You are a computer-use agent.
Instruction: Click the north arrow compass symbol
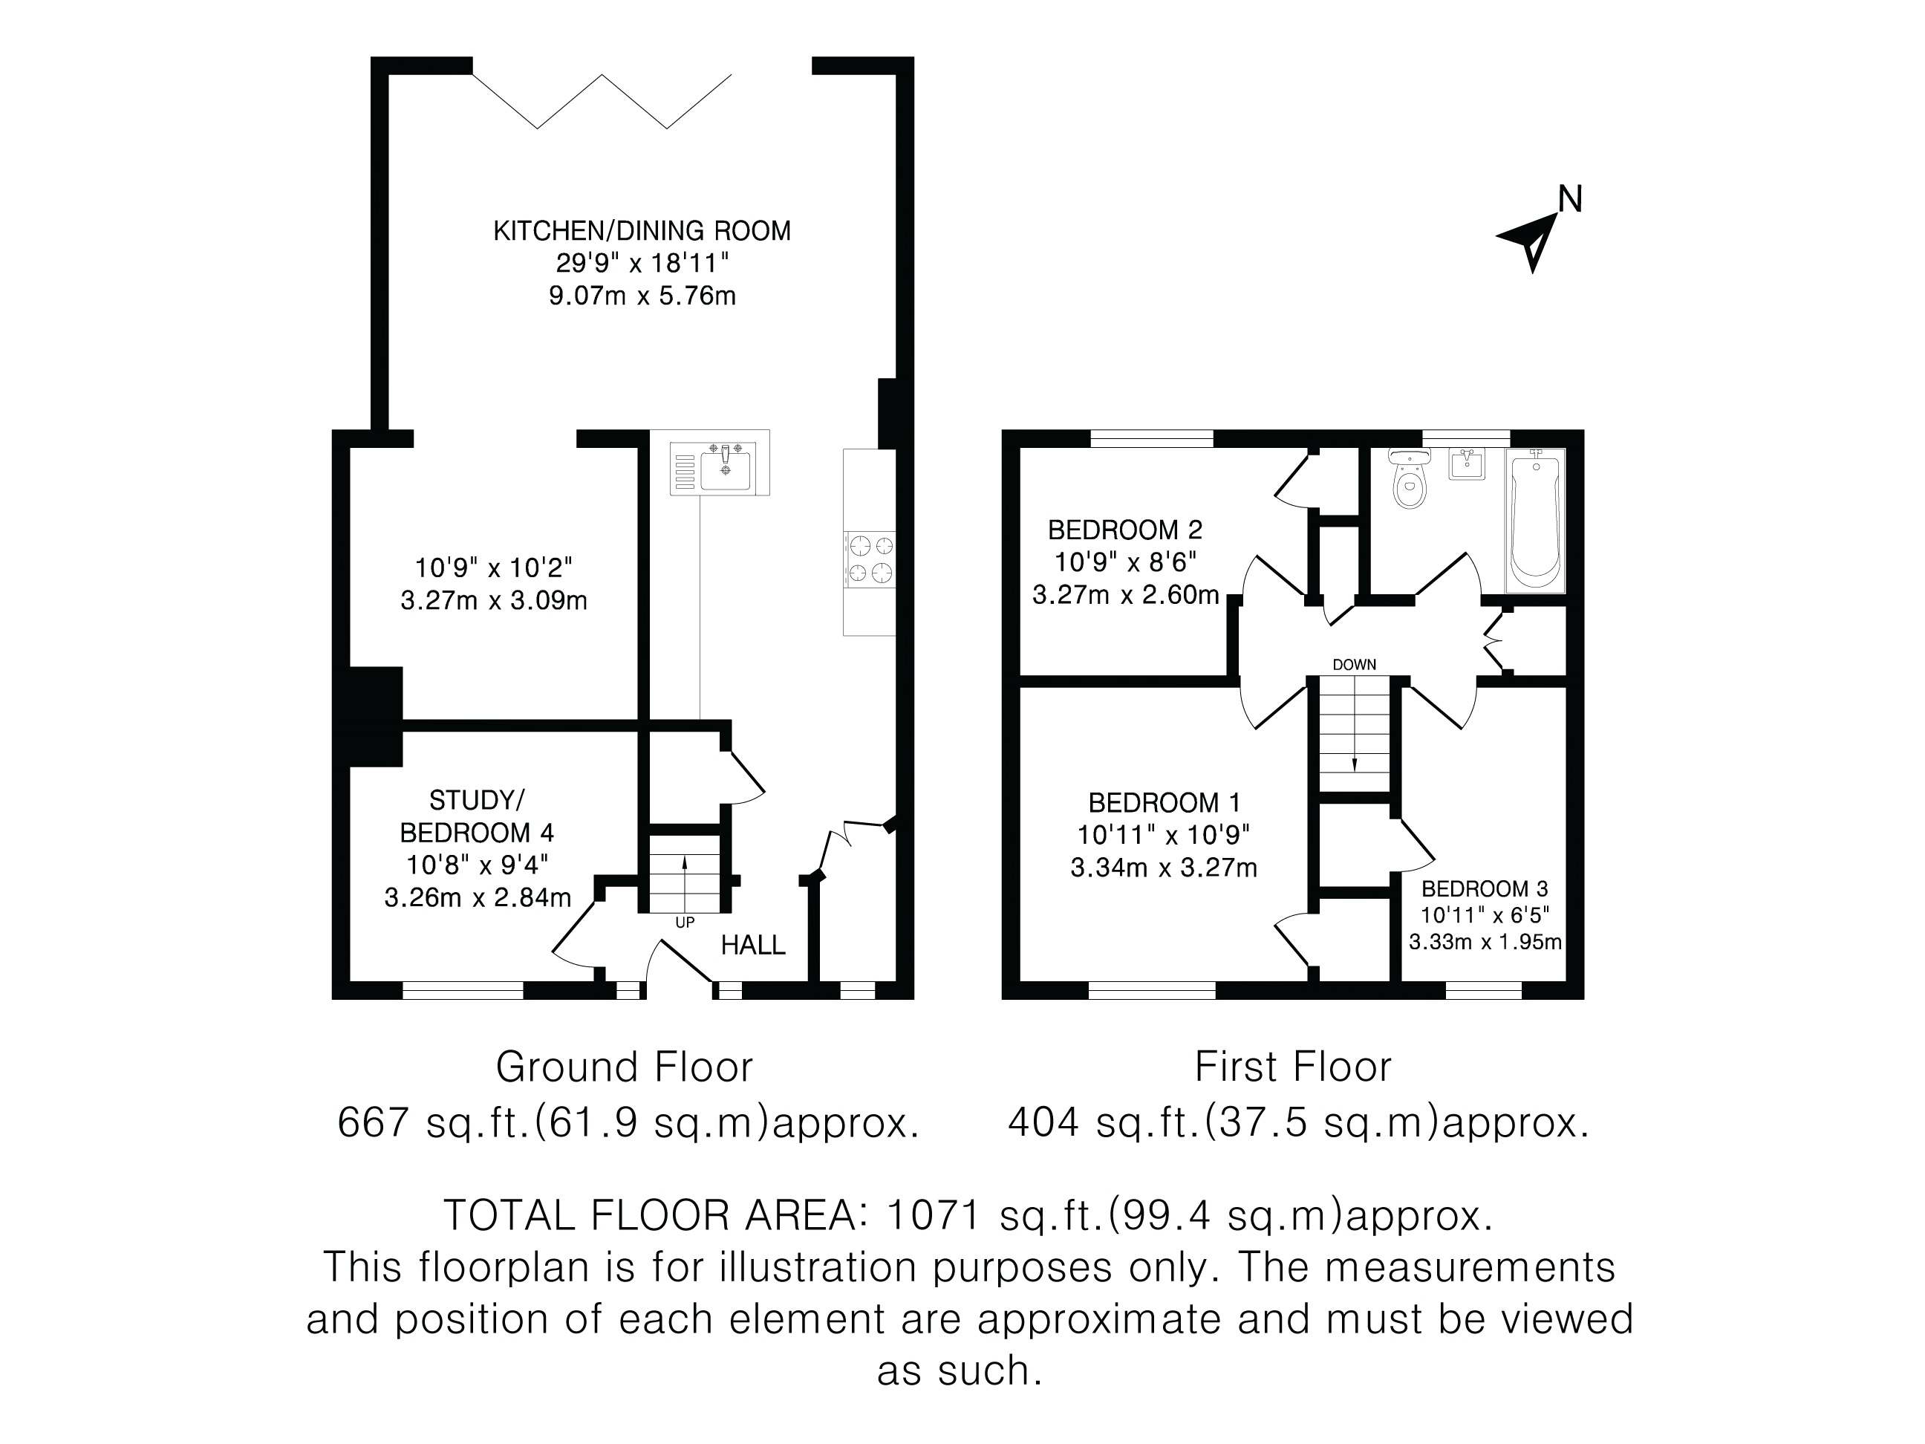(1529, 239)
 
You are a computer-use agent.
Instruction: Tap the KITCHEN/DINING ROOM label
(642, 231)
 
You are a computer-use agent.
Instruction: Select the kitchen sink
(720, 467)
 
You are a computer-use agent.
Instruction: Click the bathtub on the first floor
(1536, 521)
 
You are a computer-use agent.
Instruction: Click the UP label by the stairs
(685, 923)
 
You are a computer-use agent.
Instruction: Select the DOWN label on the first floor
(1354, 665)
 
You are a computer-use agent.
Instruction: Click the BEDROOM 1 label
(1165, 801)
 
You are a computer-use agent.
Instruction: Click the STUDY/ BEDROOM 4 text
(477, 816)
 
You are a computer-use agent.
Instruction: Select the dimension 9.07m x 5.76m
(642, 296)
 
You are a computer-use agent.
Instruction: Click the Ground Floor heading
(624, 1067)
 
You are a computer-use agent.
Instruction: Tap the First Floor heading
(1293, 1067)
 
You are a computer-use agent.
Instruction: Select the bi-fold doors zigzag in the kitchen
(602, 102)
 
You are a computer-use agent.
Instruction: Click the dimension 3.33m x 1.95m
(1485, 942)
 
